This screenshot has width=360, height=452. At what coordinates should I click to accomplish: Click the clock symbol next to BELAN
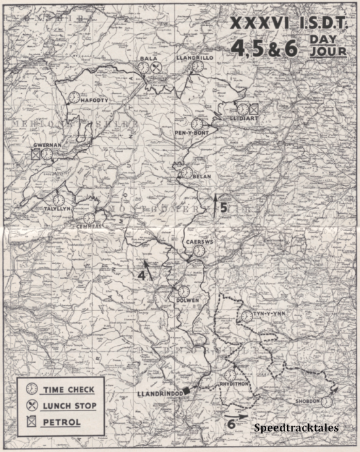[x=186, y=172]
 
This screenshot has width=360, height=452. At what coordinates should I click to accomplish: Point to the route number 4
[x=142, y=275]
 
